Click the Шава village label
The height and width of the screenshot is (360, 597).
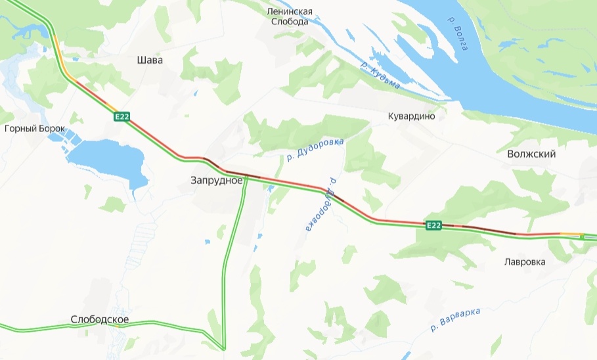coord(149,60)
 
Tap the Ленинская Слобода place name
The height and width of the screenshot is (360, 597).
coord(290,16)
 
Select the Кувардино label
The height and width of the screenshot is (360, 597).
coord(412,116)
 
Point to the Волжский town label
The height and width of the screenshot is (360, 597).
coord(531,154)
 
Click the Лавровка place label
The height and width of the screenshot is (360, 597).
coord(525,261)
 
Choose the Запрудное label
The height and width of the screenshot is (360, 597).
coord(217,180)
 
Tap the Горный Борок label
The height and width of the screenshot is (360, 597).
coord(35,129)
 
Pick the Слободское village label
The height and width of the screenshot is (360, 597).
coord(100,320)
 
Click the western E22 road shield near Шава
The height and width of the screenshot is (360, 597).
coord(122,117)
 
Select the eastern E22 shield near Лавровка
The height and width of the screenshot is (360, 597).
coord(433,225)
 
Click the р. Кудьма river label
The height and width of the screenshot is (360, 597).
coord(381,76)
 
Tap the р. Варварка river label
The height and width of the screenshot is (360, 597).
coord(456,318)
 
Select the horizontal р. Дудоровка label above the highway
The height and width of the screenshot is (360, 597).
coord(315,148)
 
